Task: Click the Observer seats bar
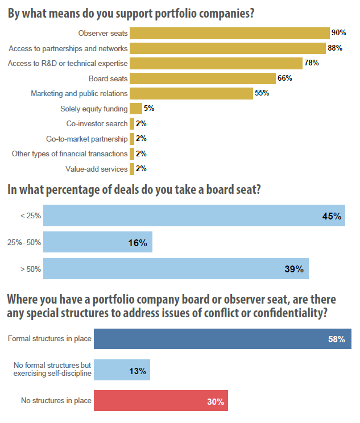coord(230,33)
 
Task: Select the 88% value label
coord(335,48)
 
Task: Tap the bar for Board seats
coord(202,78)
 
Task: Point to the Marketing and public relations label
coord(79,93)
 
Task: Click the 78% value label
coord(312,63)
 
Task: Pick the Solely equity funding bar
coord(136,108)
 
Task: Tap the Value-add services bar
coord(132,169)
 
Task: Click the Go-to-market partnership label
coord(87,138)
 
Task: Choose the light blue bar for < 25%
coord(194,216)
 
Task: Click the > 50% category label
coord(30,269)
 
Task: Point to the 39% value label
coord(294,269)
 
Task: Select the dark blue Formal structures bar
coord(222,339)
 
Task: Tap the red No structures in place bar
coord(160,401)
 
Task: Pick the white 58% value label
coord(337,339)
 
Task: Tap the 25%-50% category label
coord(24,243)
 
